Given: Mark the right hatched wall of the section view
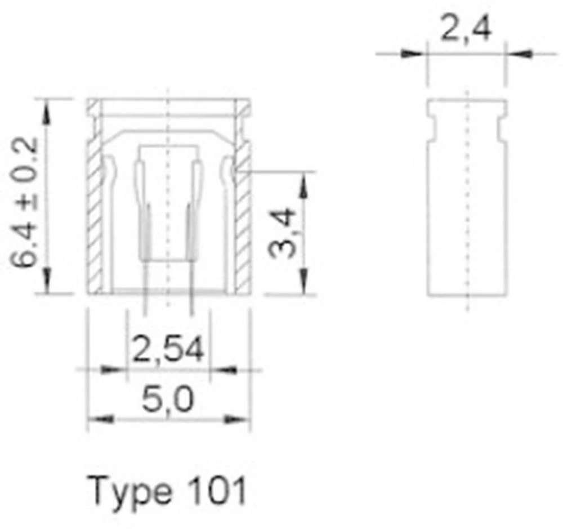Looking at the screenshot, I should click(242, 225).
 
